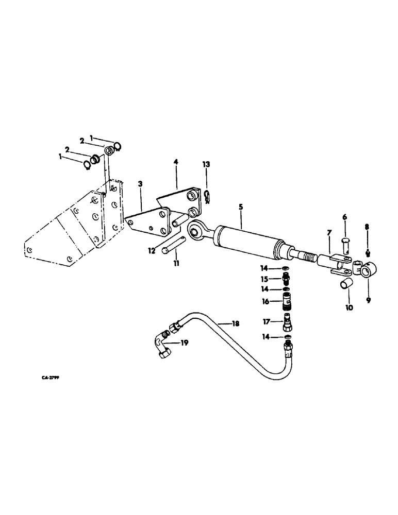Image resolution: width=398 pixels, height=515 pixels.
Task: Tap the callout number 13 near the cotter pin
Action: pyautogui.click(x=206, y=164)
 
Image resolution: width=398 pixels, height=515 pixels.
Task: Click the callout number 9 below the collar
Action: pyautogui.click(x=368, y=300)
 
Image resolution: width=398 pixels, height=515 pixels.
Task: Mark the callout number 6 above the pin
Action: pyautogui.click(x=345, y=218)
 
